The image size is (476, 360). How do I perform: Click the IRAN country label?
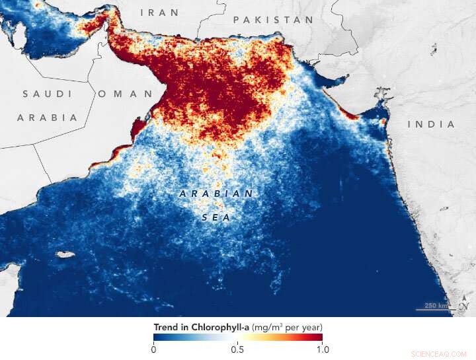point(159,12)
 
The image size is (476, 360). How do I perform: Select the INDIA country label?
point(431,124)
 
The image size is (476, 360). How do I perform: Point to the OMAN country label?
point(125,94)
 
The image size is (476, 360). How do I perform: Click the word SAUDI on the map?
point(47,94)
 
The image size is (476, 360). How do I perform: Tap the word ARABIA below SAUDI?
point(47,117)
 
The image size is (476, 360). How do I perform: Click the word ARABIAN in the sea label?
point(216,194)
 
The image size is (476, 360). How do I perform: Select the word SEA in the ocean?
point(216,216)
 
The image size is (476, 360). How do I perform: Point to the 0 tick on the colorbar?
point(154,349)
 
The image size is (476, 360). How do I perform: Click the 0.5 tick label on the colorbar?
point(237,349)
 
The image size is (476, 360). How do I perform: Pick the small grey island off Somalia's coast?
point(65,254)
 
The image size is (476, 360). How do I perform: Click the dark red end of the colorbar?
point(317,338)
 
